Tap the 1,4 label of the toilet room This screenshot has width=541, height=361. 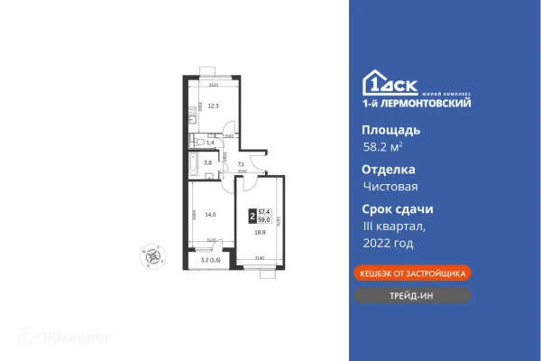pyautogui.click(x=210, y=143)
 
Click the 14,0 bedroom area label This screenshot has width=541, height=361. pyautogui.click(x=209, y=214)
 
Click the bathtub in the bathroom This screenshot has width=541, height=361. pyautogui.click(x=193, y=164)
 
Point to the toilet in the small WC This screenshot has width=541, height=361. pyautogui.click(x=196, y=142)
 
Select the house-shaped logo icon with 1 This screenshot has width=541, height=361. pyautogui.click(x=371, y=82)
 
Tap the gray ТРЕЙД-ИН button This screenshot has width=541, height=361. pyautogui.click(x=412, y=294)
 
